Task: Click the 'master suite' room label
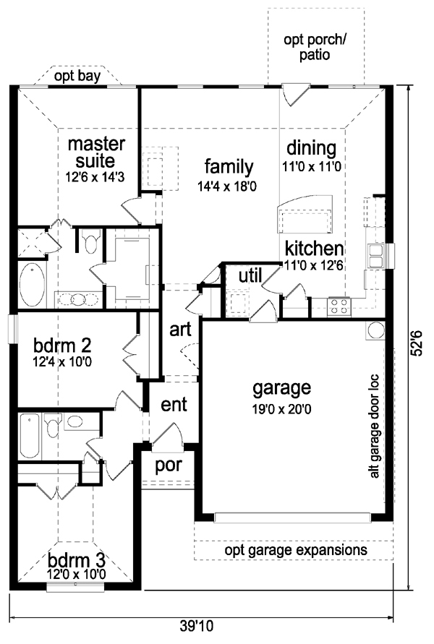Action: pyautogui.click(x=96, y=152)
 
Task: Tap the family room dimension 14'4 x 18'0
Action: pyautogui.click(x=227, y=186)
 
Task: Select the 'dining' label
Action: pyautogui.click(x=311, y=148)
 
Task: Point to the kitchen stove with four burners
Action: pyautogui.click(x=339, y=306)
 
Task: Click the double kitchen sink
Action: pyautogui.click(x=375, y=256)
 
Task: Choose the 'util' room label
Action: pyautogui.click(x=250, y=275)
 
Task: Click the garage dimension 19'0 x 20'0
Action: pyautogui.click(x=282, y=409)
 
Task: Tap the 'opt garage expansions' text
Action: pyautogui.click(x=296, y=550)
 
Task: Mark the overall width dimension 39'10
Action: pyautogui.click(x=197, y=626)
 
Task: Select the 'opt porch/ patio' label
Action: pyautogui.click(x=315, y=47)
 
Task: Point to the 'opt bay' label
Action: pyautogui.click(x=77, y=77)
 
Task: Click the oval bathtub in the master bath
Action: pyautogui.click(x=32, y=284)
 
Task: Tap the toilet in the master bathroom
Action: pyautogui.click(x=90, y=241)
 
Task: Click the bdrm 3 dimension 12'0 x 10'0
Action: pyautogui.click(x=77, y=574)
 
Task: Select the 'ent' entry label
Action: pyautogui.click(x=174, y=405)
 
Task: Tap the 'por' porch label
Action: pyautogui.click(x=169, y=465)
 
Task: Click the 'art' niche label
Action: pyautogui.click(x=180, y=330)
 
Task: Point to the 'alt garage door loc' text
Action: pyautogui.click(x=375, y=426)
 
